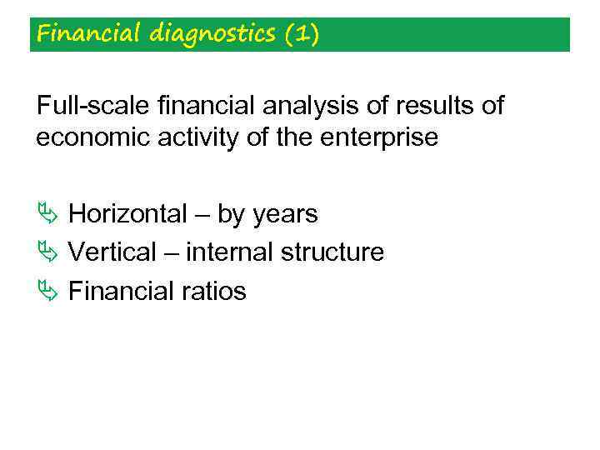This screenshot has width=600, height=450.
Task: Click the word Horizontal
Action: pyautogui.click(x=127, y=214)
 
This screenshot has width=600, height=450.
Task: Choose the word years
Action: pyautogui.click(x=285, y=215)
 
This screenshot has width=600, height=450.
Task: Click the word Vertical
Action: pyautogui.click(x=112, y=252)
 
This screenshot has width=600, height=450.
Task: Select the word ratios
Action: pyautogui.click(x=215, y=291)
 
